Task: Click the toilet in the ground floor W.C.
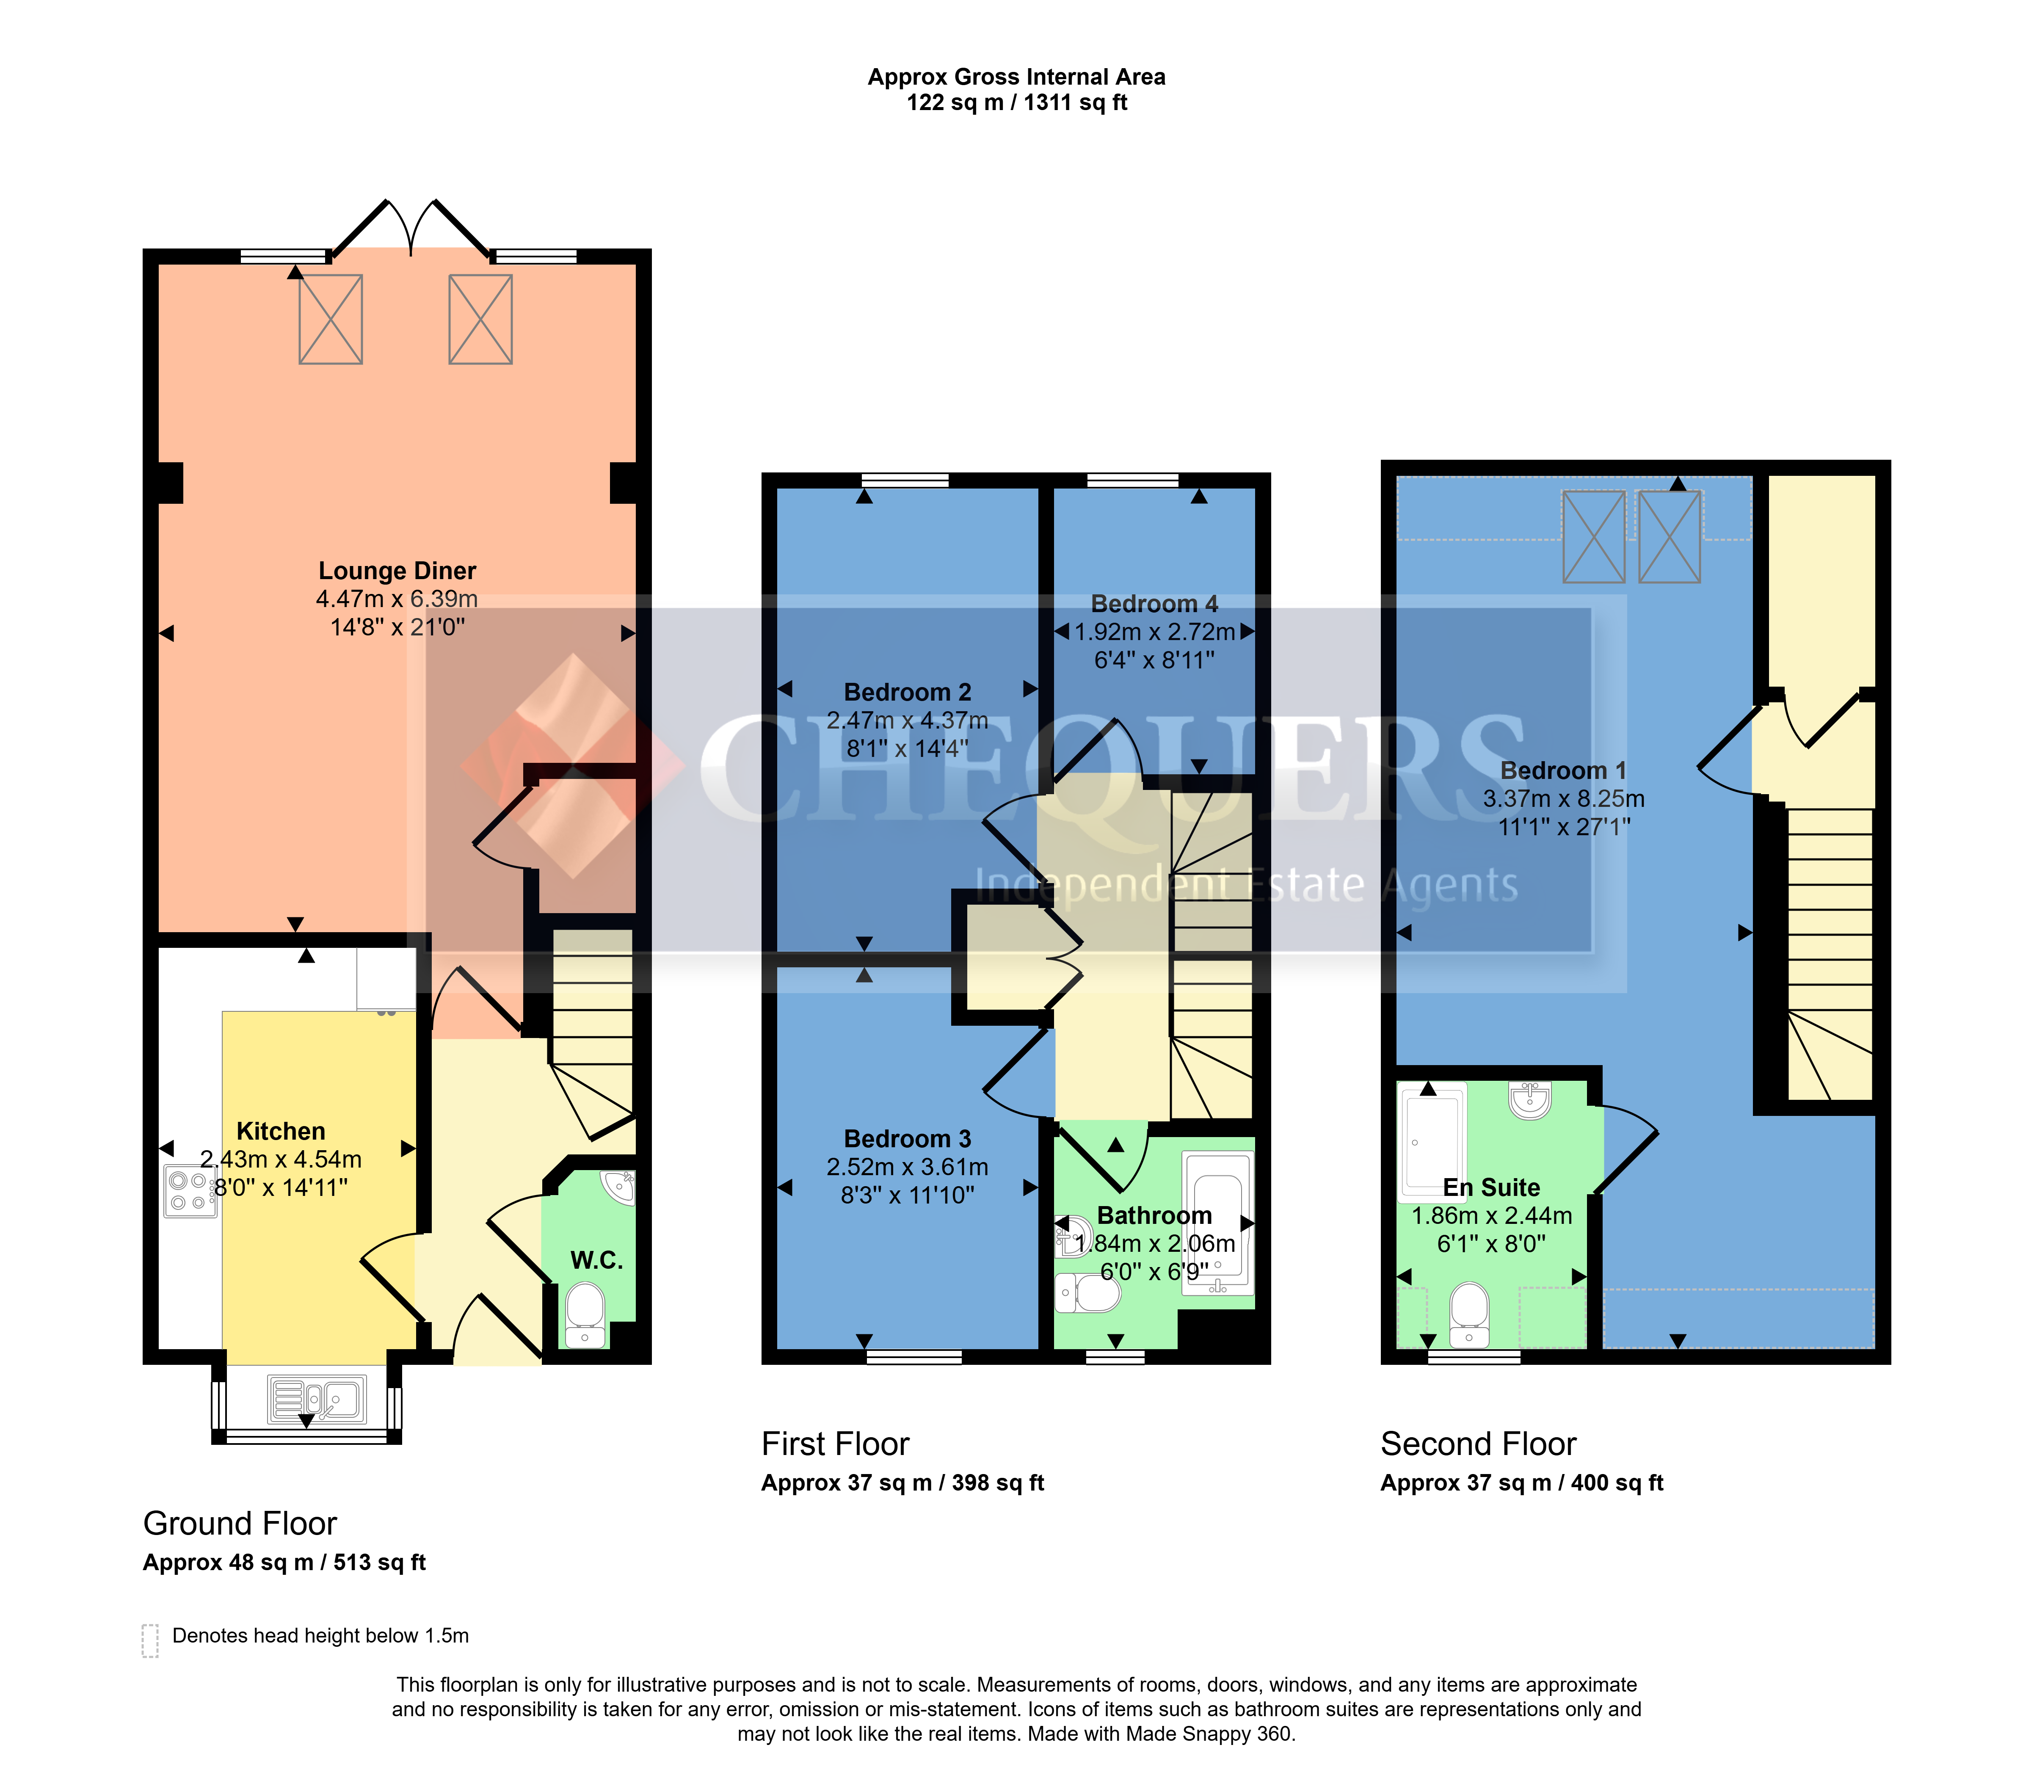pyautogui.click(x=585, y=1314)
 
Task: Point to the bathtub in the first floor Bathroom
pyautogui.click(x=1218, y=1223)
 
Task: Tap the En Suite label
pyautogui.click(x=1491, y=1187)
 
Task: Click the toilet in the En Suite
pyautogui.click(x=1469, y=1314)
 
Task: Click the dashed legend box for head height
pyautogui.click(x=150, y=1641)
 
